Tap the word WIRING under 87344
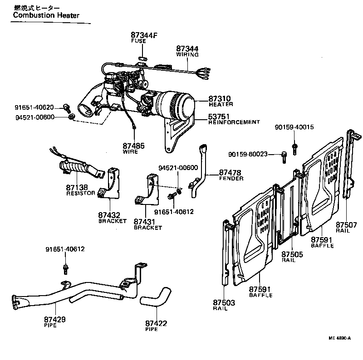(187, 54)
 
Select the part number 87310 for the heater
(220, 98)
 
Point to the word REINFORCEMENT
(234, 122)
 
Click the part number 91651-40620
(34, 107)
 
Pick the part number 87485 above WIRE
(133, 146)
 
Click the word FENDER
(231, 179)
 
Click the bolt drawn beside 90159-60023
(284, 156)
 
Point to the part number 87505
(292, 254)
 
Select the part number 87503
(223, 302)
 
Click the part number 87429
(55, 320)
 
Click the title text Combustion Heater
(46, 15)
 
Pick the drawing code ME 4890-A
(340, 338)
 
